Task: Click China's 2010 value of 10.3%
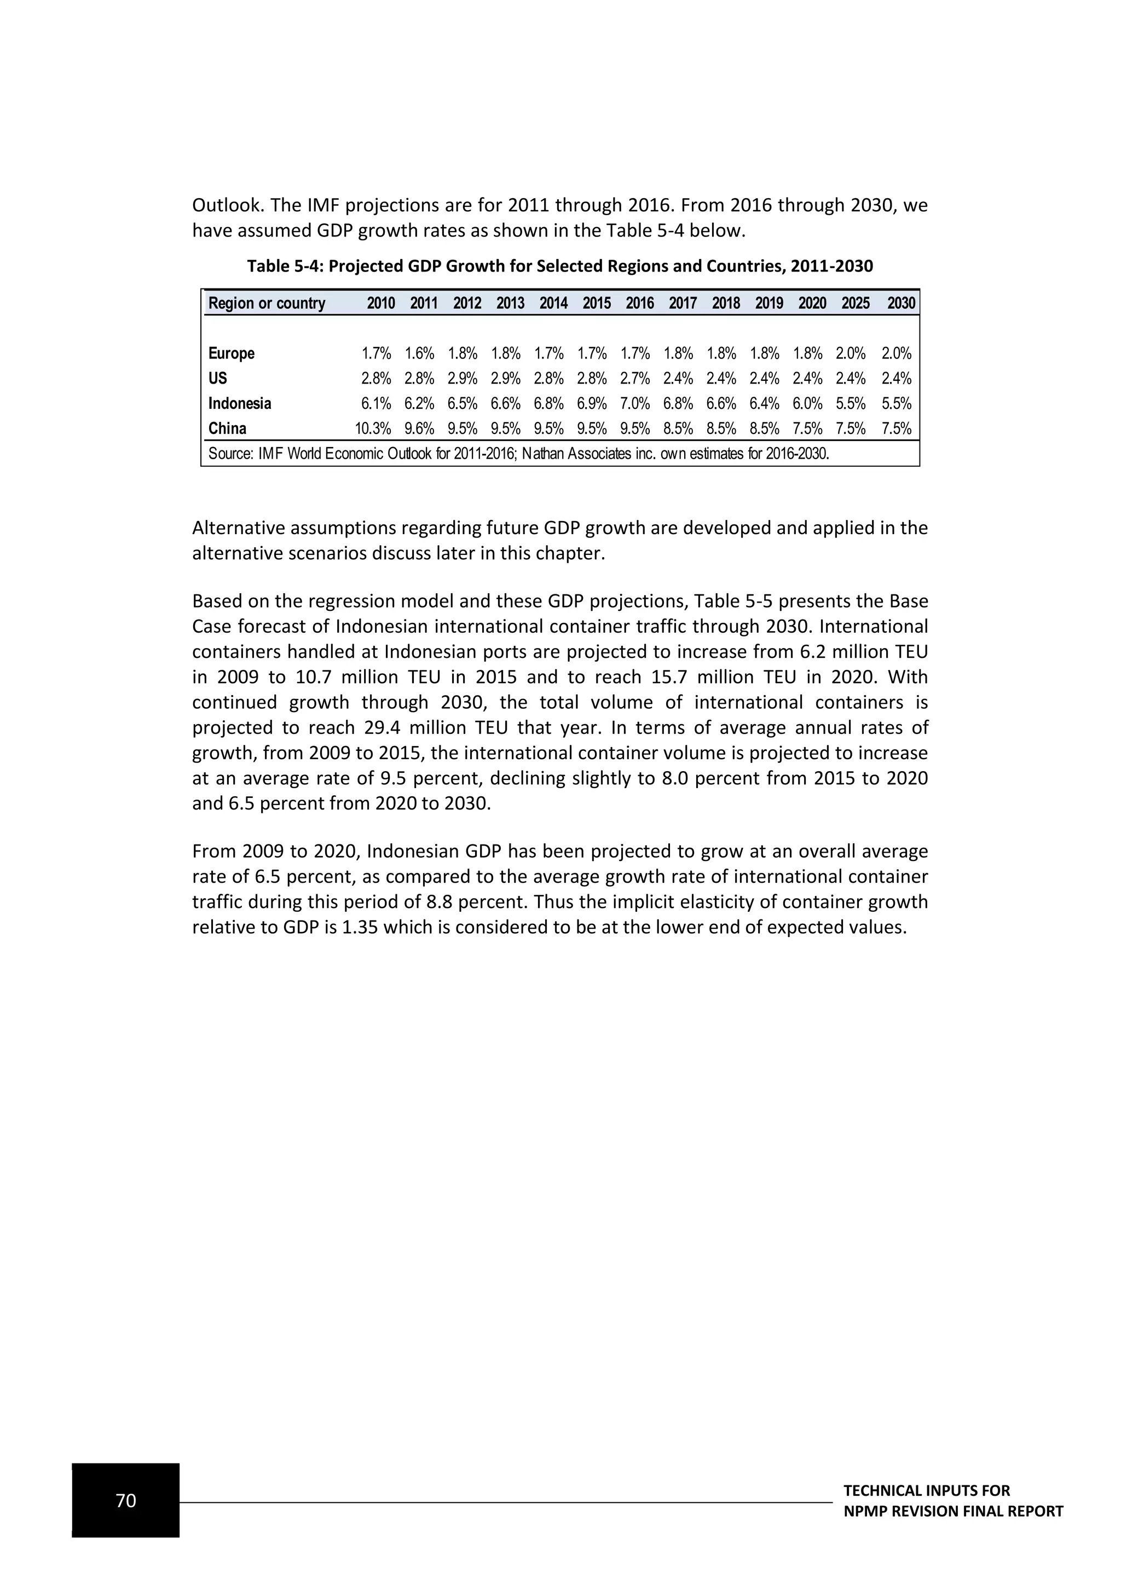tap(373, 429)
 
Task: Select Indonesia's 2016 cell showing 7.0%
tap(635, 404)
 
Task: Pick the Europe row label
tap(231, 354)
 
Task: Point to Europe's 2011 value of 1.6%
tap(419, 354)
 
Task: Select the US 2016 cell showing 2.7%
tap(635, 378)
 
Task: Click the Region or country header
tap(267, 303)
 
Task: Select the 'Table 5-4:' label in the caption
tap(285, 267)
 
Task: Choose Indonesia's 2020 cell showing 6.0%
tap(807, 404)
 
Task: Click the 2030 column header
tap(901, 303)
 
